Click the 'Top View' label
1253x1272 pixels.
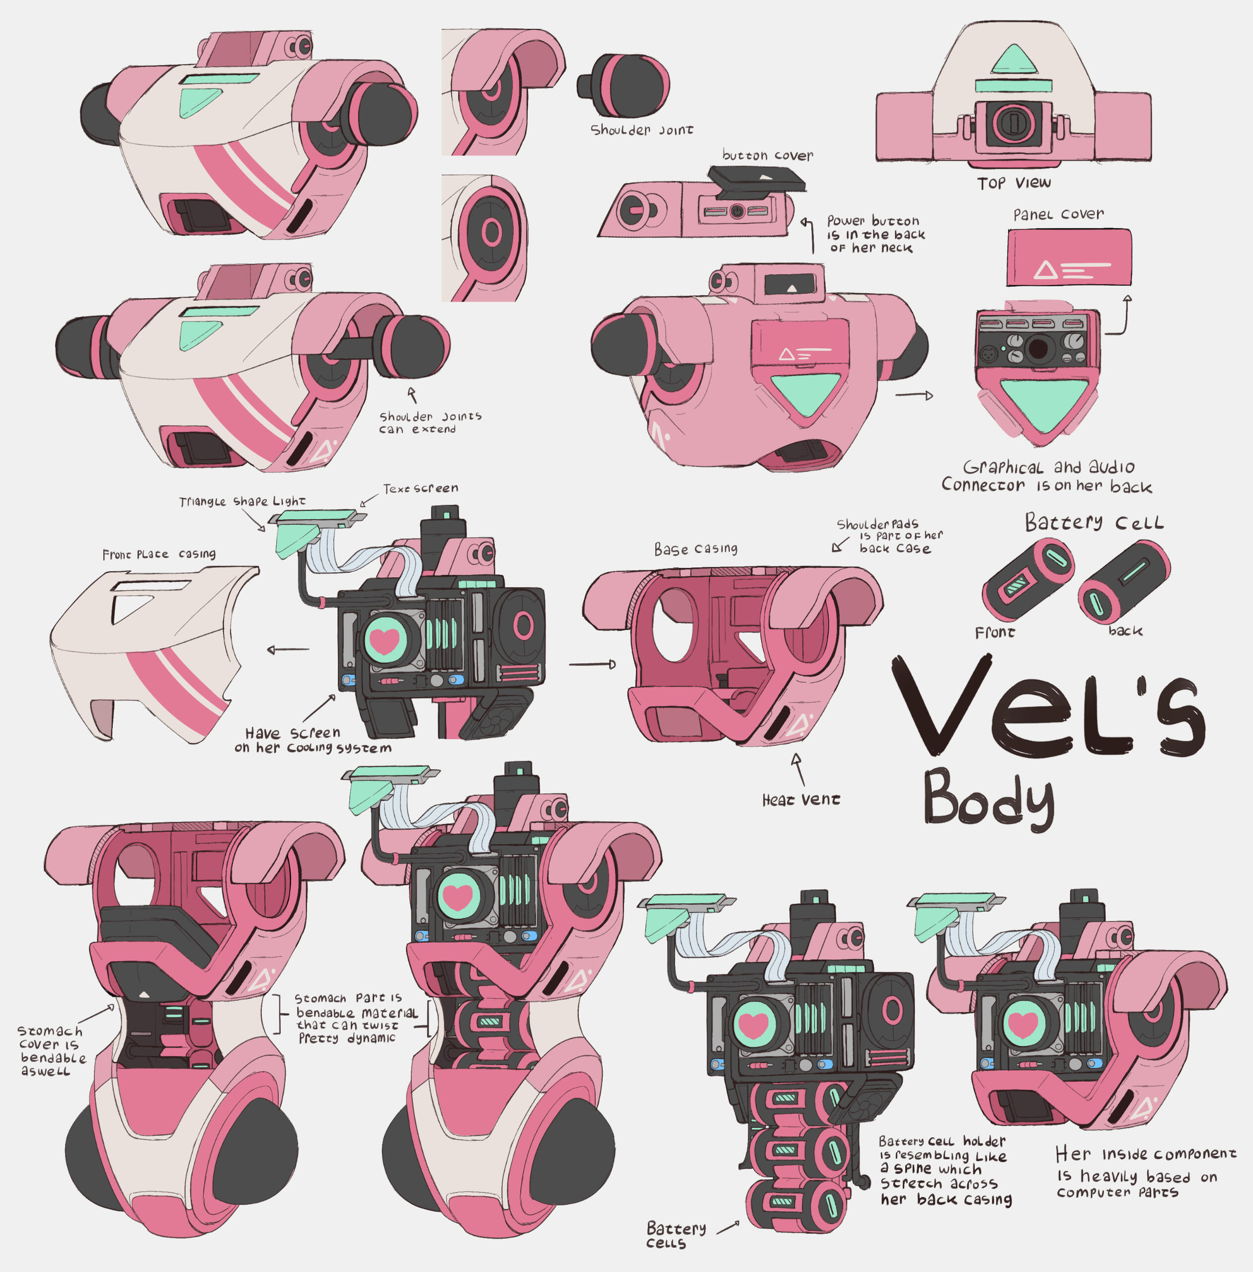1014,183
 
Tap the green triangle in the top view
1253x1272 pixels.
1014,59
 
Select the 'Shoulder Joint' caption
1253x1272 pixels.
641,130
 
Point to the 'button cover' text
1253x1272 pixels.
767,156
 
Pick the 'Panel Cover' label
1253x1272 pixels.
1058,215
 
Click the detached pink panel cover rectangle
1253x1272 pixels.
1069,257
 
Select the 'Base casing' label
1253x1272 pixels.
696,549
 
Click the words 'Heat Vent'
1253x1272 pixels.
801,800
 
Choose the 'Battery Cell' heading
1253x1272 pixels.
1094,523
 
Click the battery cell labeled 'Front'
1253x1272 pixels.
1027,579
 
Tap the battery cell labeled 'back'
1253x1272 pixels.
1123,582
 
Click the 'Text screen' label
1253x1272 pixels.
420,488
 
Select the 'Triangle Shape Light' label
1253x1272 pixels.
242,501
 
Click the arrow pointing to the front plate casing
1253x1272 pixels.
288,650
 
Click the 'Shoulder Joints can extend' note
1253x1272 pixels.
430,422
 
